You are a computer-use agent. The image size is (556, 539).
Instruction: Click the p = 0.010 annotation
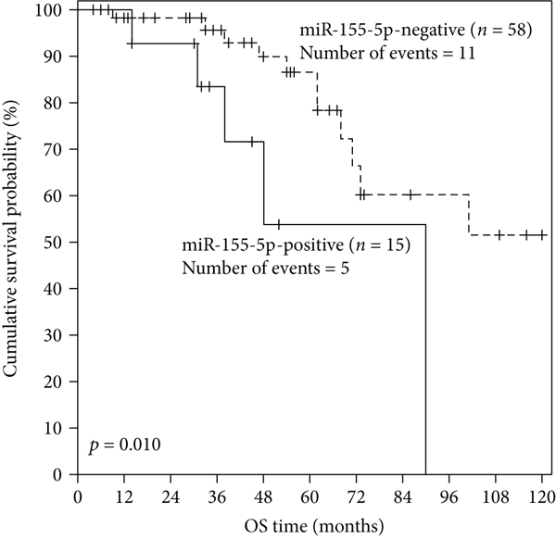pyautogui.click(x=126, y=445)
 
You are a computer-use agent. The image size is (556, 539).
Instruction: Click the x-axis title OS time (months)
pyautogui.click(x=310, y=522)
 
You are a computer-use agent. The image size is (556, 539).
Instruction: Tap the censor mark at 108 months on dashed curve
pyautogui.click(x=499, y=235)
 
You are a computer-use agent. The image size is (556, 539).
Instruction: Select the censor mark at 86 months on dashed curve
pyautogui.click(x=409, y=194)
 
